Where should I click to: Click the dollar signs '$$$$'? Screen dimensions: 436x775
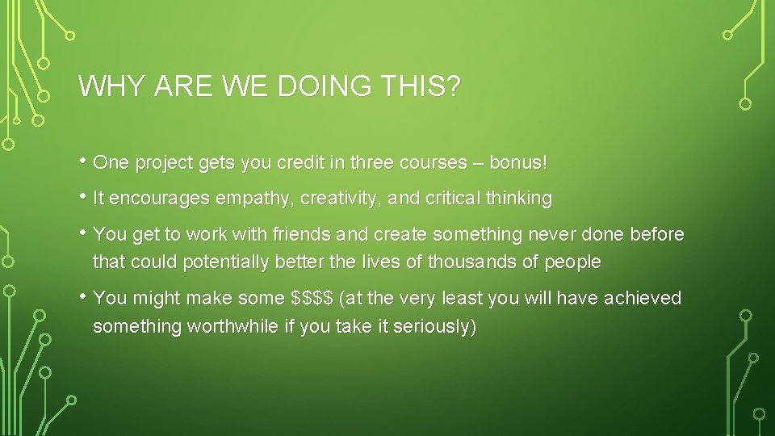(x=312, y=298)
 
